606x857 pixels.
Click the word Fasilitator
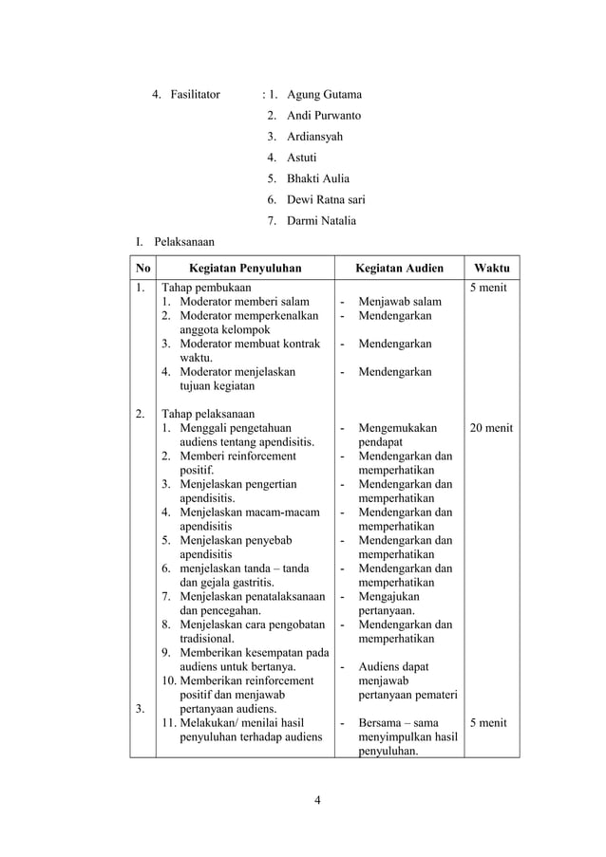195,95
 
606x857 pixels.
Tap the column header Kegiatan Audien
399,268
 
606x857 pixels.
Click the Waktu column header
491,268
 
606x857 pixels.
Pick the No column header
142,268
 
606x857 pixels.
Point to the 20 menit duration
491,428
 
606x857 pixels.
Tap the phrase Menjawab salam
400,303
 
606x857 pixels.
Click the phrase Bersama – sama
398,722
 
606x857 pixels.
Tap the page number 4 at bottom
318,799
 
